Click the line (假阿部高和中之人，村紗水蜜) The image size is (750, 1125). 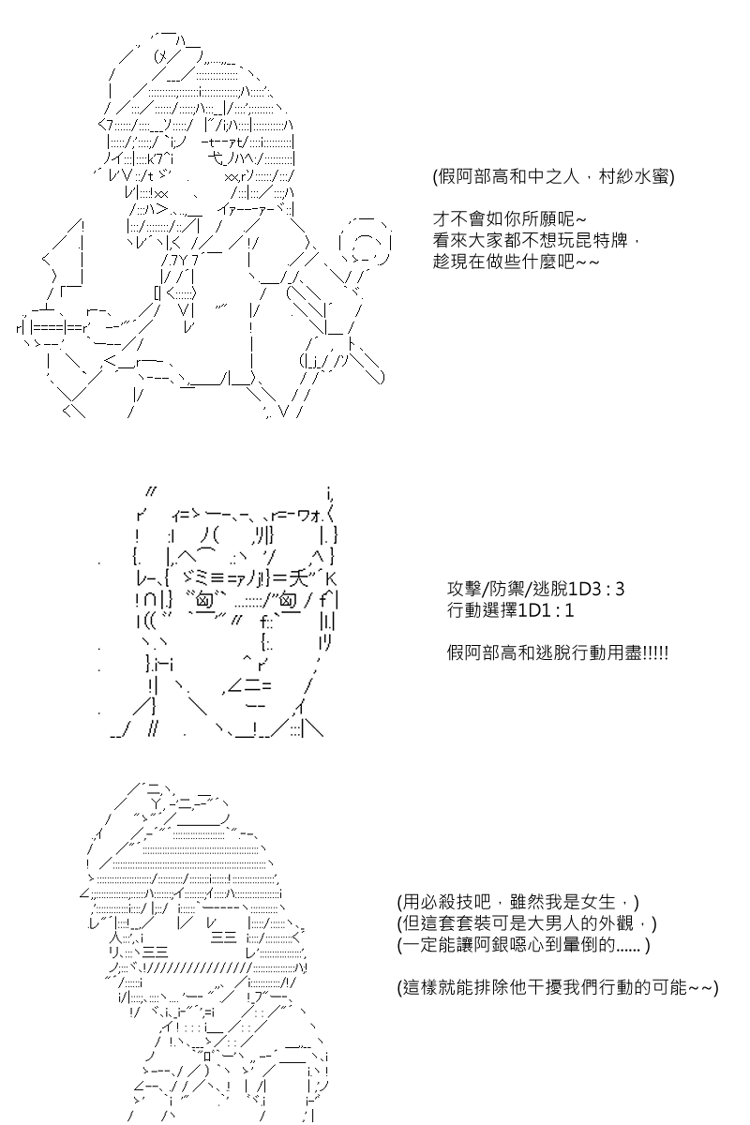(x=553, y=177)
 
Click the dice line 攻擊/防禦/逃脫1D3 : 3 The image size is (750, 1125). (x=535, y=590)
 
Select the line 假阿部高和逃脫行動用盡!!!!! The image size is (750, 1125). (x=558, y=652)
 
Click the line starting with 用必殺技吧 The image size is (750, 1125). (x=517, y=902)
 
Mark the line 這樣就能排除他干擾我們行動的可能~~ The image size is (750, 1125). (x=558, y=986)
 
